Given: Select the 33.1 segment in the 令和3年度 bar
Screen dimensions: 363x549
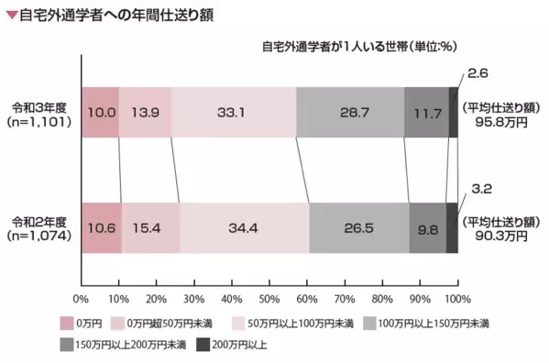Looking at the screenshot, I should coord(233,113).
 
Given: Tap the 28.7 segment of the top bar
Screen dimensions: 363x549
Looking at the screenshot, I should coord(350,113).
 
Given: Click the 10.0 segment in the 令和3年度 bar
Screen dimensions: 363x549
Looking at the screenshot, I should coord(100,113).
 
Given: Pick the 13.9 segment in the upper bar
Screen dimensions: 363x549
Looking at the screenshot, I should coord(145,113).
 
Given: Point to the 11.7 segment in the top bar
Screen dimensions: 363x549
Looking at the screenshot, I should coord(426,113).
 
